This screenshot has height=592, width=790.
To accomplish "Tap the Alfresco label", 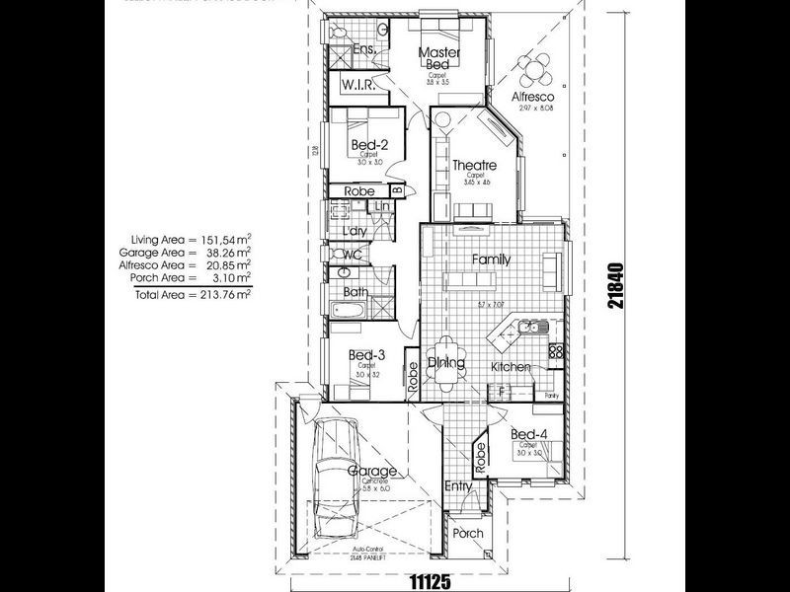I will [532, 98].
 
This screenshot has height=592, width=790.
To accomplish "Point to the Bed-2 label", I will [368, 146].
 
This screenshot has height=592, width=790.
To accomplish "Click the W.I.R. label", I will [355, 86].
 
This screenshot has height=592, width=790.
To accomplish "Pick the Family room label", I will [491, 259].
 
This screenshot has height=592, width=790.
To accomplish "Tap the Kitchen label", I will [512, 367].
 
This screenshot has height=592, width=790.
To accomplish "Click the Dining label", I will [447, 363].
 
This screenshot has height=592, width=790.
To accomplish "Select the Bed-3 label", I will [366, 355].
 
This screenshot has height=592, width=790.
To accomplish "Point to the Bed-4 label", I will [528, 434].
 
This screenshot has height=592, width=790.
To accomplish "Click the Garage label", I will [372, 472].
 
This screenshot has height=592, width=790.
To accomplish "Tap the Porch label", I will [468, 534].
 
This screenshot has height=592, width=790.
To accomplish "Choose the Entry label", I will [458, 485].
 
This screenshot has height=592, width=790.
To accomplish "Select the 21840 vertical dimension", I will [616, 285].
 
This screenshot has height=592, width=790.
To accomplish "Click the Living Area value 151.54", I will [215, 240].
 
